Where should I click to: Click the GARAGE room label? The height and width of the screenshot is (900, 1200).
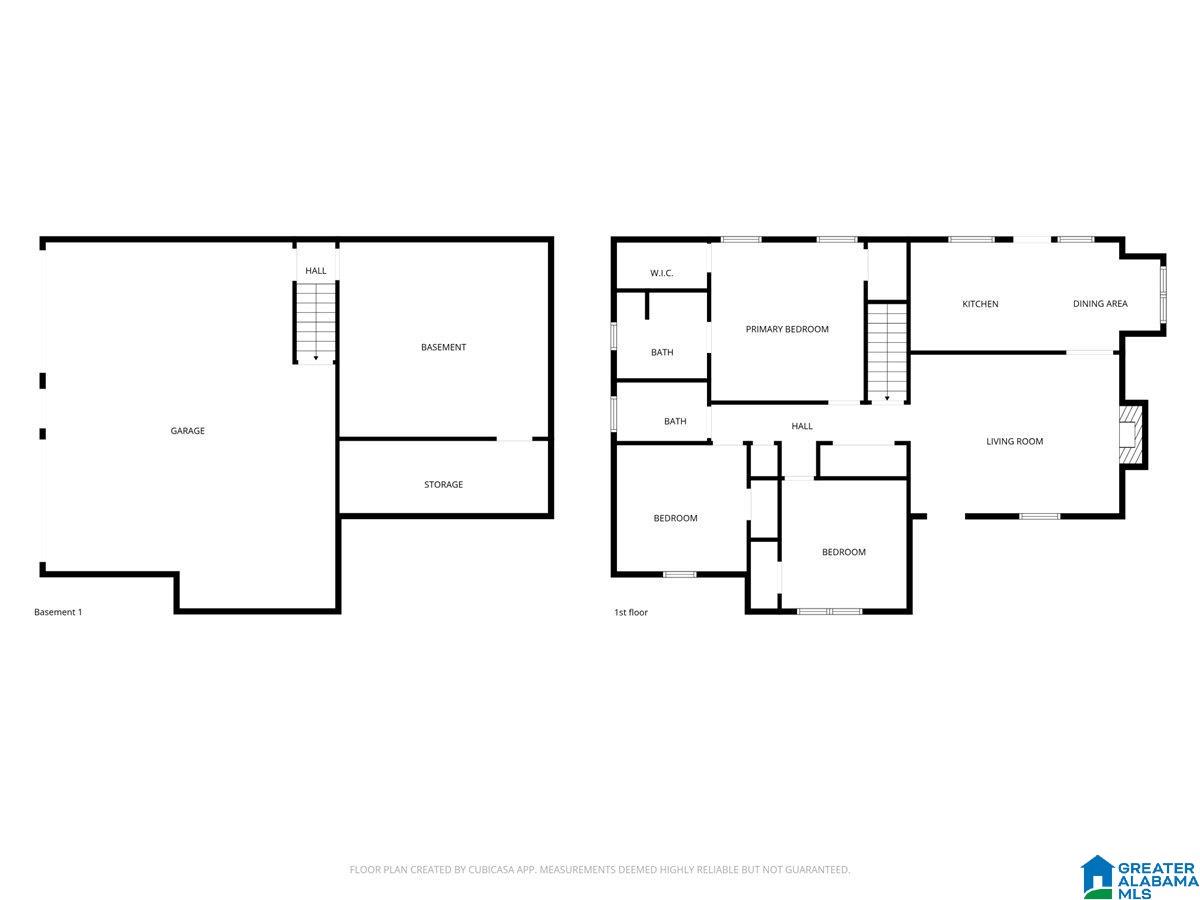tap(187, 431)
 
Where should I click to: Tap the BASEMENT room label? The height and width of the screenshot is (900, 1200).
tap(443, 347)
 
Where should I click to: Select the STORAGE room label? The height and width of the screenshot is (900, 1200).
tap(443, 484)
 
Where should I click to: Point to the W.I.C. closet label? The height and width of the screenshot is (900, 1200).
tap(661, 273)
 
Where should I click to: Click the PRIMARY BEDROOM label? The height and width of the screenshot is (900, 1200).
tap(787, 329)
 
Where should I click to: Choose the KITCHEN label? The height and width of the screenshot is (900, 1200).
tap(980, 304)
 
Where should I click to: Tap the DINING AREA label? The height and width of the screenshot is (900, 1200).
tap(1099, 303)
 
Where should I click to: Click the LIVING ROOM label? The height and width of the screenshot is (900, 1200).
tap(1014, 441)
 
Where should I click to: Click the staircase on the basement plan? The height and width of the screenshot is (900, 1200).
tap(315, 322)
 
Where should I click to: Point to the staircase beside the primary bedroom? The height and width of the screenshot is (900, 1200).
tap(886, 352)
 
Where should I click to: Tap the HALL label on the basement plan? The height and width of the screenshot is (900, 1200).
tap(315, 270)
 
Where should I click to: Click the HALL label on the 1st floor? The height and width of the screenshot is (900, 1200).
tap(801, 426)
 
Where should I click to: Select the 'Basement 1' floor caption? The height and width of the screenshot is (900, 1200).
tap(58, 612)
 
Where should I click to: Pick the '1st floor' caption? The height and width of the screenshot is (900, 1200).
tap(630, 613)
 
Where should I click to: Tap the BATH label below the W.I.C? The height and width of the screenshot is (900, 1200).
tap(662, 352)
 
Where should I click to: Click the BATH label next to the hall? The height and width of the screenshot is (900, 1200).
tap(675, 421)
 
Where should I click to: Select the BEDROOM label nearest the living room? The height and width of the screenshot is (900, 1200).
tap(843, 552)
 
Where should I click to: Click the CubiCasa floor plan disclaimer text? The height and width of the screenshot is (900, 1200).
tap(599, 869)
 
